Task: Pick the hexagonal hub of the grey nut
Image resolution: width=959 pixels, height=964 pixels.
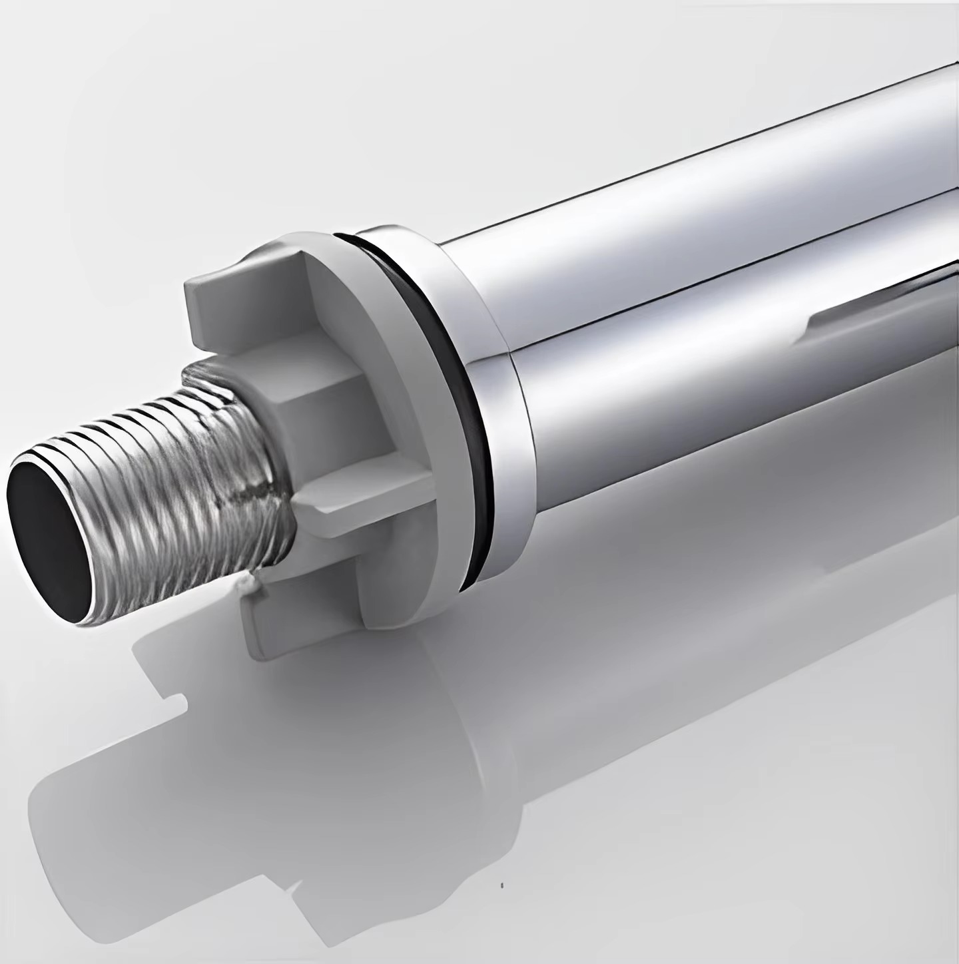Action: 320,399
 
